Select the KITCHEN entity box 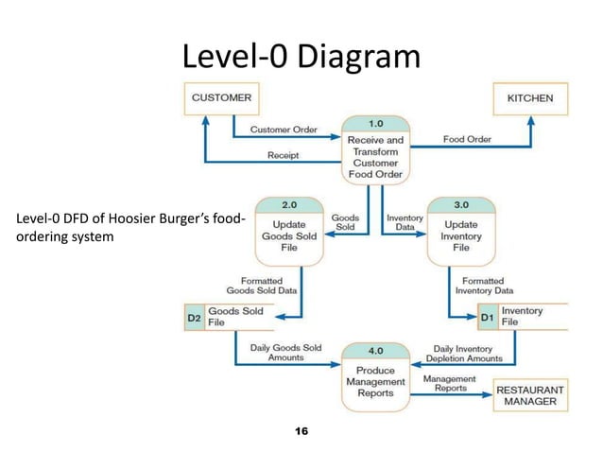point(530,98)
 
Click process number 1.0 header point(375,124)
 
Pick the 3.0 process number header point(461,204)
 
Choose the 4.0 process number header point(375,349)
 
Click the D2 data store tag point(193,317)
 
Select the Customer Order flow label point(283,129)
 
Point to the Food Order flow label point(467,139)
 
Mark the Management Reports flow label point(449,383)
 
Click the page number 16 point(301,431)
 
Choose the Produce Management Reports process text point(375,381)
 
